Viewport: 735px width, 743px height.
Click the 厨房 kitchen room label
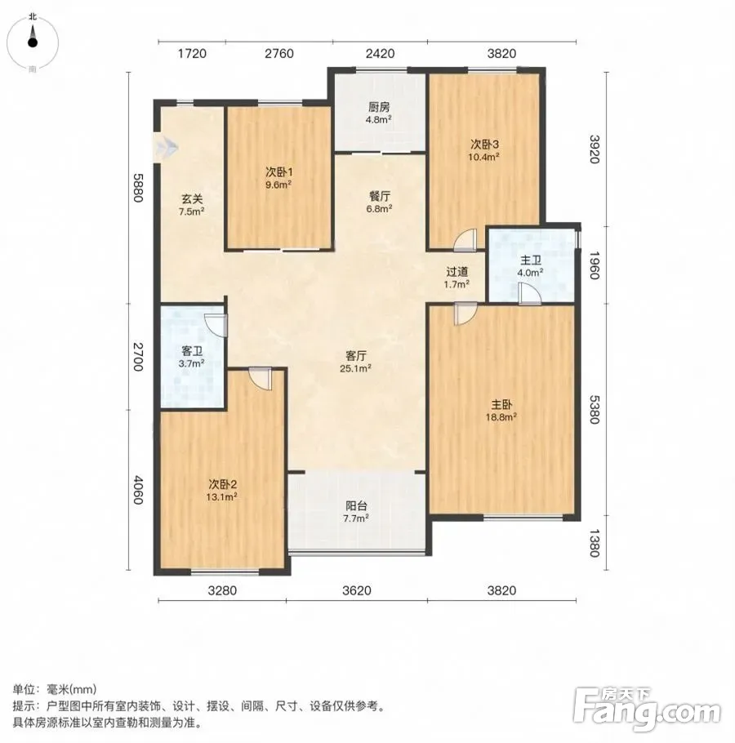(379, 113)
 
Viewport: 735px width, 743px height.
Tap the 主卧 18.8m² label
(501, 411)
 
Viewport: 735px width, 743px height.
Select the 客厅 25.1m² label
(355, 361)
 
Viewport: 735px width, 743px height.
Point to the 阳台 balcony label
(356, 512)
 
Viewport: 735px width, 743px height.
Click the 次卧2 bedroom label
(222, 491)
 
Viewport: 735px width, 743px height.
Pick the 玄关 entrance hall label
(191, 205)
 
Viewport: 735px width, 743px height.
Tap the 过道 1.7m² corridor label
(457, 278)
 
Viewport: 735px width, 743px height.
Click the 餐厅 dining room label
(380, 202)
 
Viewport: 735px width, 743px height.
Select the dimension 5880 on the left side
(137, 188)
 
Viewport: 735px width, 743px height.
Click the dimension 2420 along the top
(380, 54)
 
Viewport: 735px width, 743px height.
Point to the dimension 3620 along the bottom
(356, 590)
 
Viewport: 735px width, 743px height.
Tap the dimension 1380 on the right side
(595, 543)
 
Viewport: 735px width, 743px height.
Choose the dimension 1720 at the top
(192, 54)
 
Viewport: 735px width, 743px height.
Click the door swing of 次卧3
(465, 240)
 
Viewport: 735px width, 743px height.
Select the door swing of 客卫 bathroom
(216, 326)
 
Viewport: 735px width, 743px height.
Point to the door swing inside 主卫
(530, 294)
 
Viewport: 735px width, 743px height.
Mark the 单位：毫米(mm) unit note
(55, 688)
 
